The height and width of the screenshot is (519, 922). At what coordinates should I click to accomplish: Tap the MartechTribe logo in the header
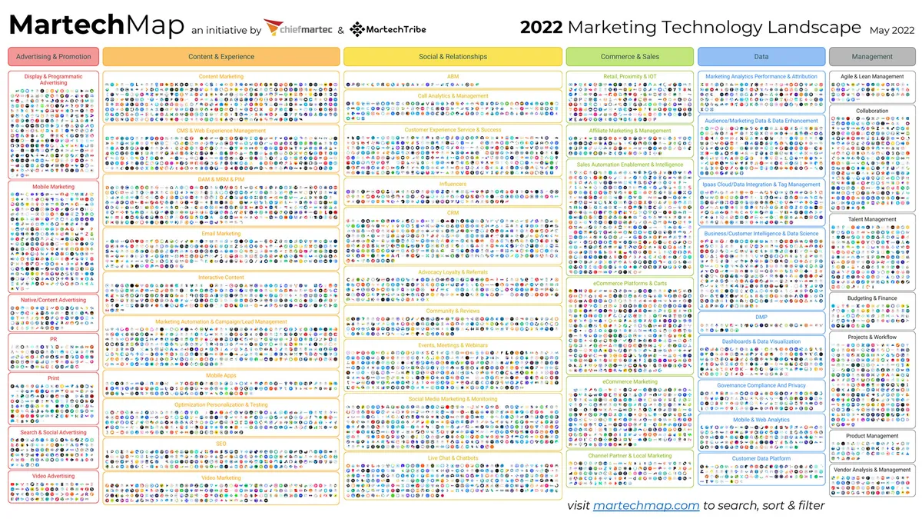(x=387, y=29)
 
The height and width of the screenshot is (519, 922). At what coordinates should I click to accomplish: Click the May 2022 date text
(x=891, y=30)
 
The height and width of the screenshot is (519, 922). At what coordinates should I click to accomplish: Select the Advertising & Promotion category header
(x=54, y=57)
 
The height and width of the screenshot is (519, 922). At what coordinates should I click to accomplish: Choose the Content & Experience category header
(x=221, y=57)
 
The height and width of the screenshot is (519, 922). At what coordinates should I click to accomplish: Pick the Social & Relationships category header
(x=453, y=57)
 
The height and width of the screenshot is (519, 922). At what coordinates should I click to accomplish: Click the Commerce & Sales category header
(x=630, y=57)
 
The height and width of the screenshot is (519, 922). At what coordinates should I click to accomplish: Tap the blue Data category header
(x=761, y=57)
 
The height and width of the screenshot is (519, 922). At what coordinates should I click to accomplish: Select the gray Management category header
(x=872, y=57)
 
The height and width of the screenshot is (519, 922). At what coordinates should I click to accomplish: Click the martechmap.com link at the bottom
(x=645, y=505)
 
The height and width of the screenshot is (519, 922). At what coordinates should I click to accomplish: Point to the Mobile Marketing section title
(x=54, y=187)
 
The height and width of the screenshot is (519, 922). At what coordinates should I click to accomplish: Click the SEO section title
(x=221, y=444)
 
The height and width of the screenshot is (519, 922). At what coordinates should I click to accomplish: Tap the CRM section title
(x=453, y=213)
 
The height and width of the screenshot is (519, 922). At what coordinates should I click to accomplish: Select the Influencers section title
(x=453, y=185)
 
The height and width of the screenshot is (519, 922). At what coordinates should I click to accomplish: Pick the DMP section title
(x=761, y=317)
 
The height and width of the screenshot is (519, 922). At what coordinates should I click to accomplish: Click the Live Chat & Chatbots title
(x=453, y=458)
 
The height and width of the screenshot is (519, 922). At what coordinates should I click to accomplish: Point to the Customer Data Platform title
(x=761, y=459)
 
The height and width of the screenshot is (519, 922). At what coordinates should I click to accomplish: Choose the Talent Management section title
(x=872, y=220)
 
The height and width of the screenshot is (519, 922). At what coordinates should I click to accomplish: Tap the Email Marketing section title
(x=221, y=234)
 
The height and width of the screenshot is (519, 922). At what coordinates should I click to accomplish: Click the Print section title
(x=54, y=378)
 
